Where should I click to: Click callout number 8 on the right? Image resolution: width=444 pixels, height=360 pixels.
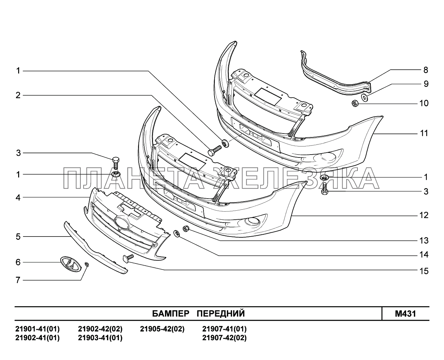425,70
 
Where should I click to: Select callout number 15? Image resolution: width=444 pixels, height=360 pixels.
424,271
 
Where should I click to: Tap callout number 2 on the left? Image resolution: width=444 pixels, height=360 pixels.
18,95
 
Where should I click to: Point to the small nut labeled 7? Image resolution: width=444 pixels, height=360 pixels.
87,265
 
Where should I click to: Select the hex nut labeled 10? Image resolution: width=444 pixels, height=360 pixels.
355,104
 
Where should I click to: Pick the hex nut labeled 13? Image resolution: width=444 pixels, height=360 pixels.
186,228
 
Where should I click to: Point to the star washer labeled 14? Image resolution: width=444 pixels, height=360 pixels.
177,233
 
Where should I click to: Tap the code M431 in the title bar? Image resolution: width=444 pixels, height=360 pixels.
405,314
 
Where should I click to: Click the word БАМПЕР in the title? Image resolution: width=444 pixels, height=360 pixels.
170,314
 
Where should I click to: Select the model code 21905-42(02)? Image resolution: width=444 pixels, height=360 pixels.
162,329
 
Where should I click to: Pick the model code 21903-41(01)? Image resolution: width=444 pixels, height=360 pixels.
100,338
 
